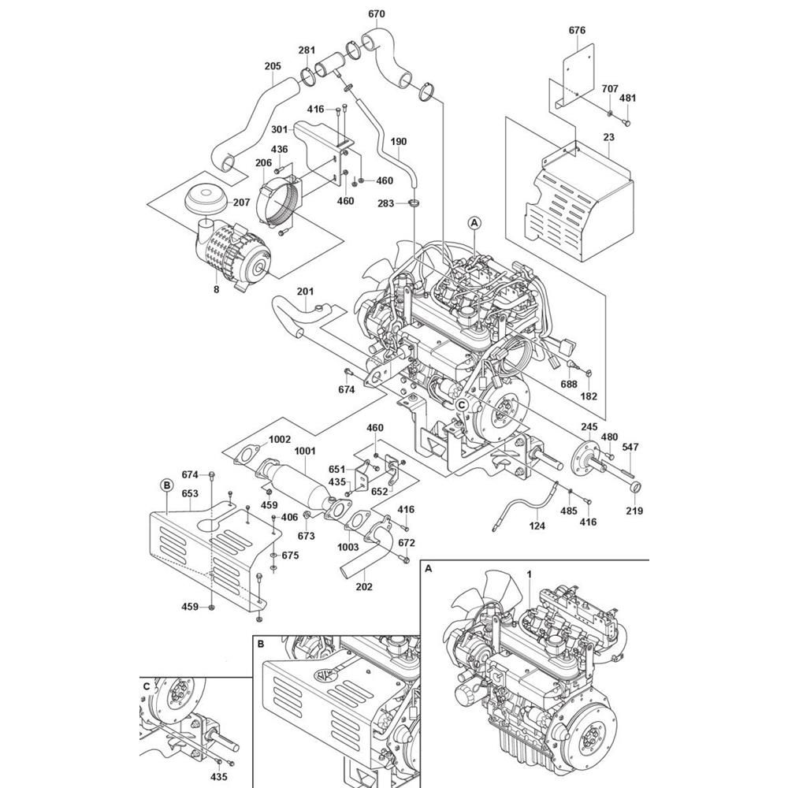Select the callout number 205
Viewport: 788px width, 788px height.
[x=273, y=66]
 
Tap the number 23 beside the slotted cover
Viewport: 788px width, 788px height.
[x=608, y=136]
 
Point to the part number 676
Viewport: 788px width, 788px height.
[x=577, y=30]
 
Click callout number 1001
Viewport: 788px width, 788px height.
[x=304, y=451]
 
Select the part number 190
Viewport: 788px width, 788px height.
[x=399, y=142]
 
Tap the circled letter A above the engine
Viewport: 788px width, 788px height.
[x=474, y=223]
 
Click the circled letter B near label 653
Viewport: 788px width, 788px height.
[x=166, y=485]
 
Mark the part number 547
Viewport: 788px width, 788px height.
[x=630, y=448]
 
